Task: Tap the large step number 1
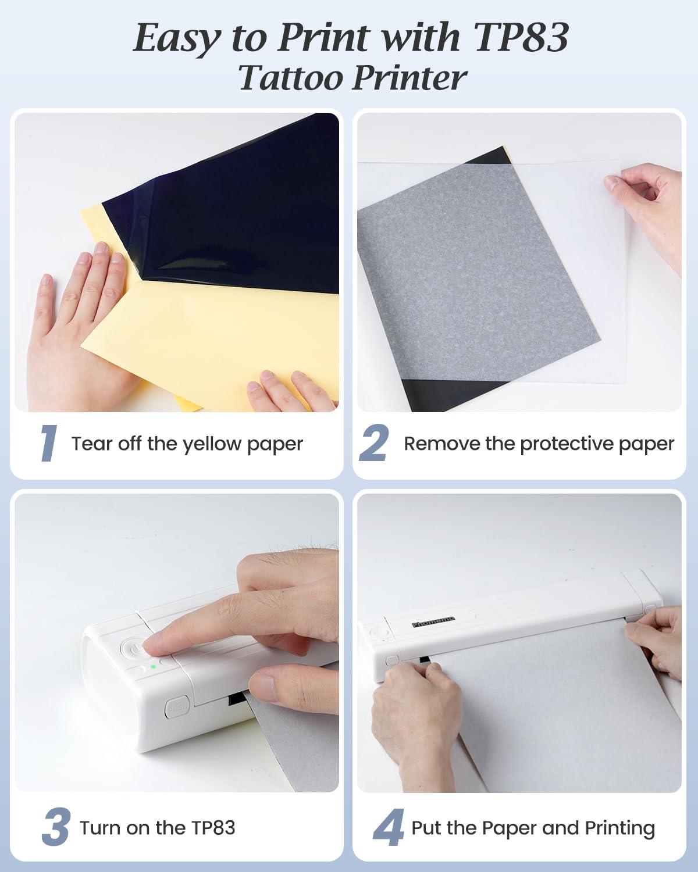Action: (48, 443)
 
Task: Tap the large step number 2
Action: (373, 443)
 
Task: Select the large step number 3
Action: (56, 827)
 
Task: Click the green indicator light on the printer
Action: (153, 667)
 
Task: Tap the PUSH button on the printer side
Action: (176, 709)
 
